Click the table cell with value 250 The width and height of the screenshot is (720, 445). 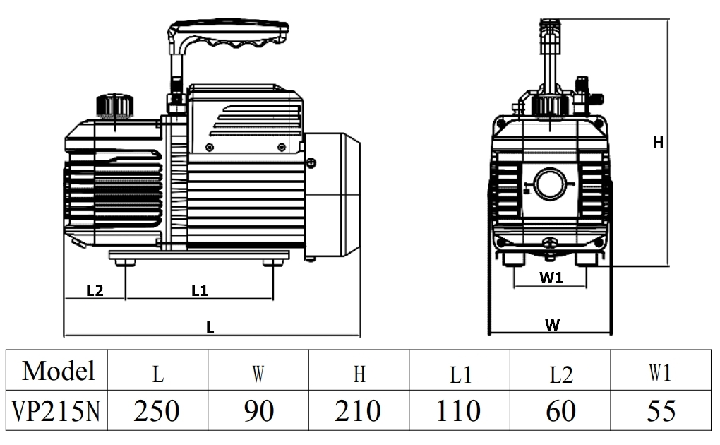pyautogui.click(x=157, y=410)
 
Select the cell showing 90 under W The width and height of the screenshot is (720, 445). pyautogui.click(x=258, y=410)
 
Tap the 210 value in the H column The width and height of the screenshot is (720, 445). pyautogui.click(x=359, y=410)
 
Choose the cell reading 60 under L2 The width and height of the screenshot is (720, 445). pyautogui.click(x=560, y=410)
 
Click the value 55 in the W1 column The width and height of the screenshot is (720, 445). pyautogui.click(x=660, y=410)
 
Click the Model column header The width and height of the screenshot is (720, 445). pyautogui.click(x=58, y=370)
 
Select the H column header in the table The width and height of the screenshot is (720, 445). pyautogui.click(x=359, y=373)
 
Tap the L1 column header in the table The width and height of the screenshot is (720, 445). pyautogui.click(x=460, y=373)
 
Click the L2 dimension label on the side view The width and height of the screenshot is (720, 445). pyautogui.click(x=95, y=290)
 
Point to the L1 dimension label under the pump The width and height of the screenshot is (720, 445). pyautogui.click(x=200, y=290)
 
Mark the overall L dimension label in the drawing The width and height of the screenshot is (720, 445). pyautogui.click(x=210, y=327)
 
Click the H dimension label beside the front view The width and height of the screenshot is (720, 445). pyautogui.click(x=658, y=143)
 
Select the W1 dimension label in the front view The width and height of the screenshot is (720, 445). pyautogui.click(x=551, y=278)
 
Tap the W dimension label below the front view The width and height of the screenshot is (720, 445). pyautogui.click(x=552, y=325)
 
